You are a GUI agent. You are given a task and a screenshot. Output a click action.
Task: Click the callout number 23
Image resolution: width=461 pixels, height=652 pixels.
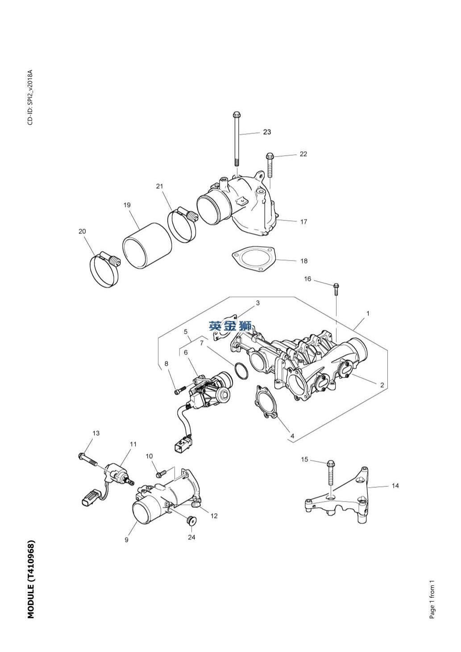pyautogui.click(x=267, y=132)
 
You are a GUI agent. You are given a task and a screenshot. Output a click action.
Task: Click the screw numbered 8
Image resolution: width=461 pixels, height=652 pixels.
pyautogui.click(x=179, y=391)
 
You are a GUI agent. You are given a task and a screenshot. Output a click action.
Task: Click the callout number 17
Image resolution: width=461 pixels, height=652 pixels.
pyautogui.click(x=303, y=221)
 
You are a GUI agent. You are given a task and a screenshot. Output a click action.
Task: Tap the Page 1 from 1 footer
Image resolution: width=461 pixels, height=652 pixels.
pyautogui.click(x=432, y=599)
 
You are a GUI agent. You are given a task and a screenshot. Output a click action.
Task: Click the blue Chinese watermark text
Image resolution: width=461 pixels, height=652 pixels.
pyautogui.click(x=231, y=326)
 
